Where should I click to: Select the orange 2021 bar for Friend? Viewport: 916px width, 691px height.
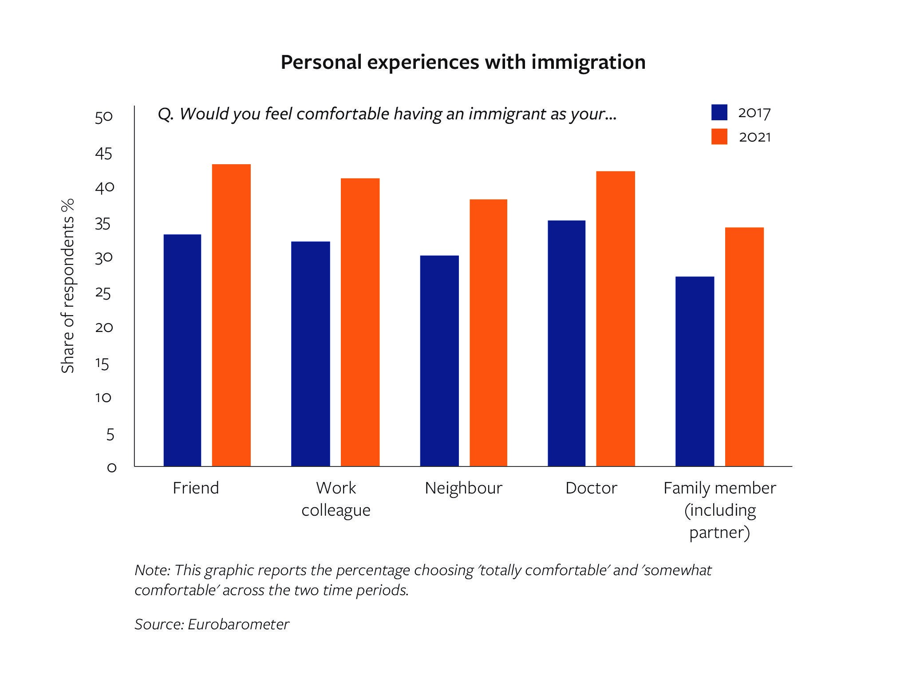(x=231, y=315)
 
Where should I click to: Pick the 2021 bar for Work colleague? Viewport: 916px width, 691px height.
(x=360, y=322)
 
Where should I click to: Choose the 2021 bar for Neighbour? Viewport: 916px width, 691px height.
(x=488, y=332)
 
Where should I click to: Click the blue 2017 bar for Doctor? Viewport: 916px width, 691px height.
(x=566, y=343)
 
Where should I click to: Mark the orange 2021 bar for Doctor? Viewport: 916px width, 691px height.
(x=615, y=318)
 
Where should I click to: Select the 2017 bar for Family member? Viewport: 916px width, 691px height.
(x=695, y=371)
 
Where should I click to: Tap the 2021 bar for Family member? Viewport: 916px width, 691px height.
(x=744, y=347)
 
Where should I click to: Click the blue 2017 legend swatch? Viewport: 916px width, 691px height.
(x=719, y=112)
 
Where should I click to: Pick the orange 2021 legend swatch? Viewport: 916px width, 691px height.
(x=719, y=137)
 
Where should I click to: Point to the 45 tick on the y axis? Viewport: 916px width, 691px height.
(x=103, y=154)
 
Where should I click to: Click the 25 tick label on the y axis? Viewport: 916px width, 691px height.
(x=103, y=293)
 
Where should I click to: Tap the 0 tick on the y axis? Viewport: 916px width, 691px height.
(x=111, y=467)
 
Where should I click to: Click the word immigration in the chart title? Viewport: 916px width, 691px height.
(x=588, y=62)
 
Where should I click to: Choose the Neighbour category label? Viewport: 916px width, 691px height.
(x=463, y=488)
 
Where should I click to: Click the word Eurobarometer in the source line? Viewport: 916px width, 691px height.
(x=238, y=624)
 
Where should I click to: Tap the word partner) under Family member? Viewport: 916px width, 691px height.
(x=719, y=532)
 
